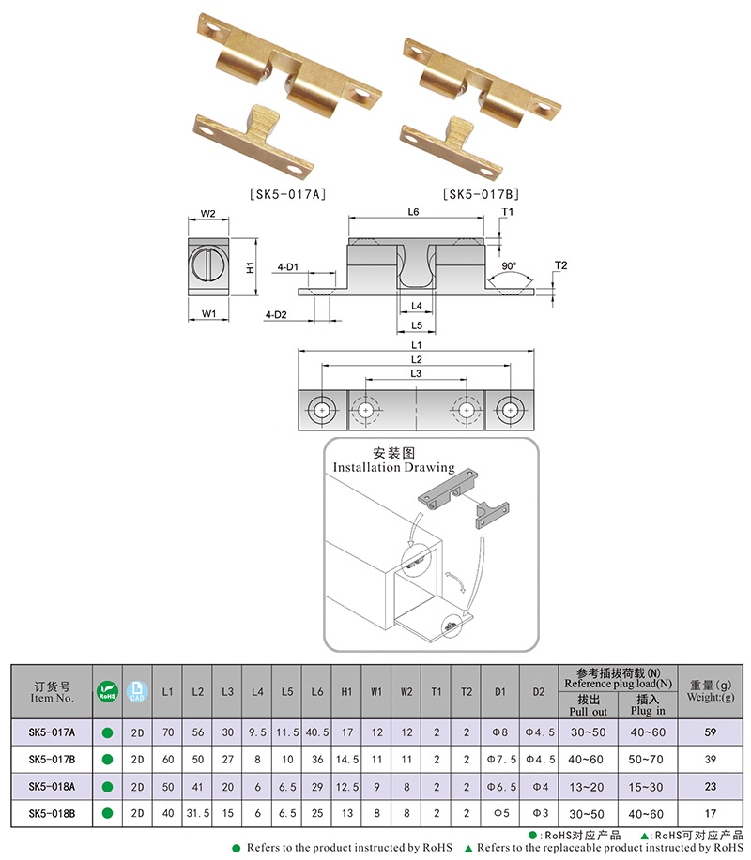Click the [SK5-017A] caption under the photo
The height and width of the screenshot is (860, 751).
click(x=287, y=195)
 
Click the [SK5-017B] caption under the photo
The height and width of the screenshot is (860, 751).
click(x=481, y=195)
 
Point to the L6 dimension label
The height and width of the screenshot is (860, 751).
click(x=413, y=213)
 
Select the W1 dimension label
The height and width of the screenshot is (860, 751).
click(x=209, y=312)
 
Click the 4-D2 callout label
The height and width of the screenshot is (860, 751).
click(x=276, y=313)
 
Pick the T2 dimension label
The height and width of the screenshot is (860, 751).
click(x=560, y=265)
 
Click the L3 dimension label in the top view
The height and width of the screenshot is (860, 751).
click(x=415, y=373)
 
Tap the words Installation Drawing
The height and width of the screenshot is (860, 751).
click(x=394, y=467)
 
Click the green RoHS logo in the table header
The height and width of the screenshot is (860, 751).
click(x=107, y=691)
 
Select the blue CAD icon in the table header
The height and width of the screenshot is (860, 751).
click(x=137, y=691)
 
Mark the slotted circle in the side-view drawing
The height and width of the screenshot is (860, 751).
click(x=208, y=264)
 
